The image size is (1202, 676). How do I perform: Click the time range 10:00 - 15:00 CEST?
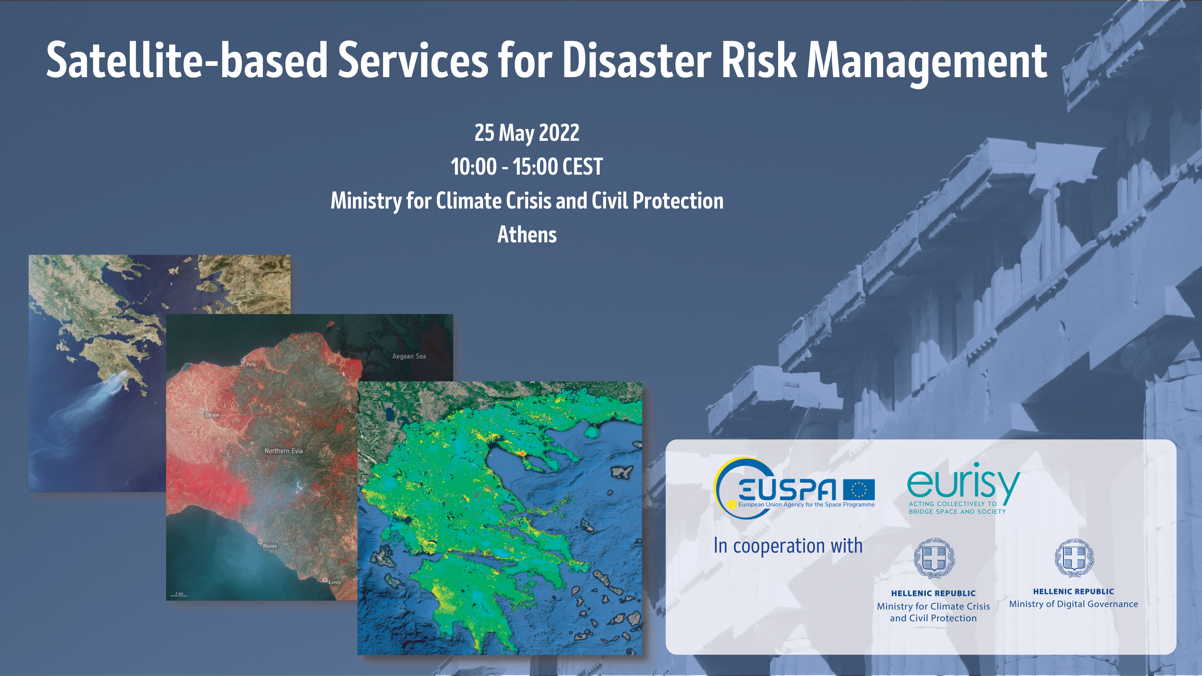coord(527,167)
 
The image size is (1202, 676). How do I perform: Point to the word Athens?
coord(527,234)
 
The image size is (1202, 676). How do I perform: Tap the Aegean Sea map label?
coord(409,356)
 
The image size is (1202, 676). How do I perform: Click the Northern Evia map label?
coord(284,451)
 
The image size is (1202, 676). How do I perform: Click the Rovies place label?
coord(270,546)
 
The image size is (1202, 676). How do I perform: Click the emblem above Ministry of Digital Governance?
coord(1074,558)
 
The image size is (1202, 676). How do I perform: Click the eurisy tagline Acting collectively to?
coord(952,504)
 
